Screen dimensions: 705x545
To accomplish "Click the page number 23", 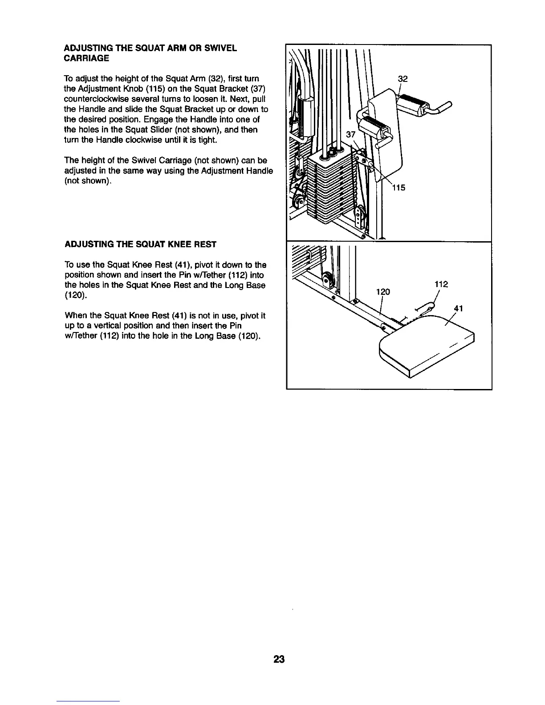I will (279, 659).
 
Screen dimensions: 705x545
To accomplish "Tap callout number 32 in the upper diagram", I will (403, 79).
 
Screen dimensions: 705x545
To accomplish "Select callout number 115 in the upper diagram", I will (399, 187).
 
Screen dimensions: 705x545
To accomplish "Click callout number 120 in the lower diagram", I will (383, 292).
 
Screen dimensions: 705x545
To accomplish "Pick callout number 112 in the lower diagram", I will (441, 284).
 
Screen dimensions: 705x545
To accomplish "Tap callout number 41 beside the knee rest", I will (459, 308).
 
